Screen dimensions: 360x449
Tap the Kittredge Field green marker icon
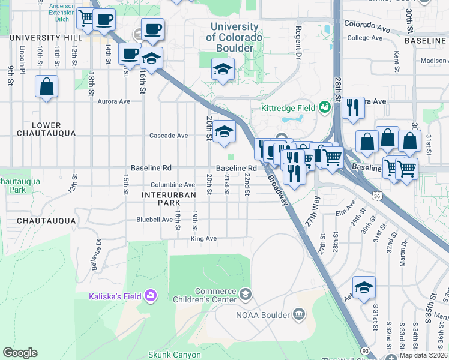[325, 107]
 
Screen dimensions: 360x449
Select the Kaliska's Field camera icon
[150, 295]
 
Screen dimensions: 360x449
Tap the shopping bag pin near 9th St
[46, 87]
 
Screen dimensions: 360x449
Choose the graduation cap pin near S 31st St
[364, 288]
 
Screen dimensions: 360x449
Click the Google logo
[20, 353]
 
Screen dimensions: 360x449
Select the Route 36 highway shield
[376, 196]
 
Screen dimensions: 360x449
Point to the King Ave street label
[203, 239]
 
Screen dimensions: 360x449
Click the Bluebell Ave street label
[154, 220]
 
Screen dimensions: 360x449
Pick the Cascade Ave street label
[169, 136]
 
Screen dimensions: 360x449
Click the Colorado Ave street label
[367, 26]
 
